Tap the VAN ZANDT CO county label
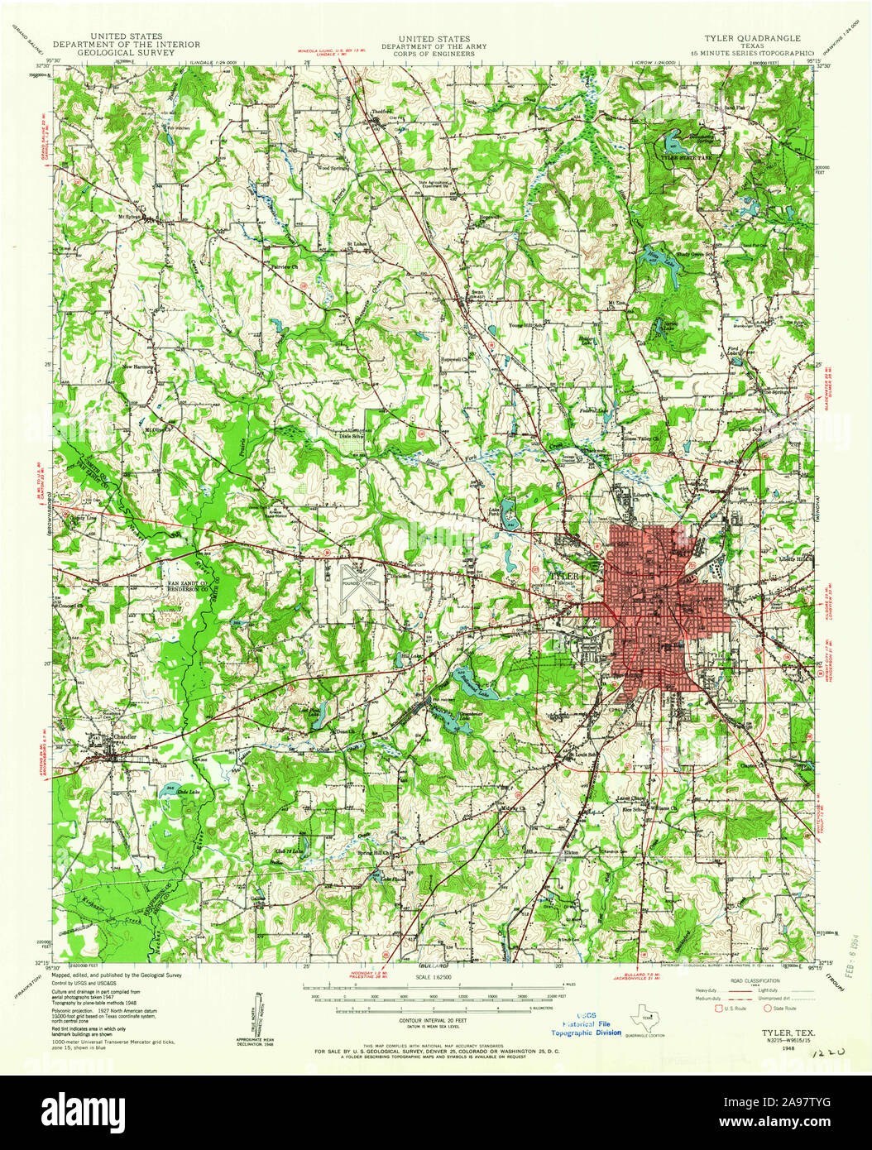tap(187, 583)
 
